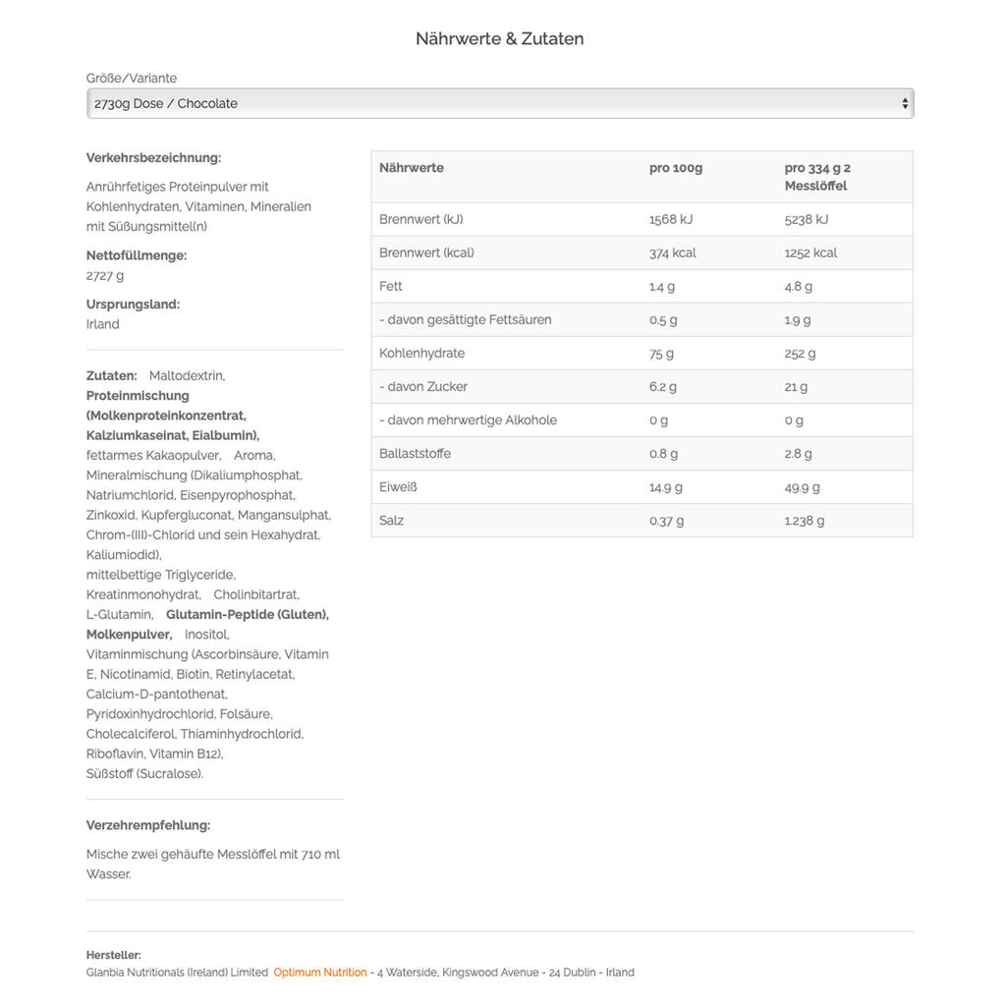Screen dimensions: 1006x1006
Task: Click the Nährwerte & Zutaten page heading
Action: tap(499, 39)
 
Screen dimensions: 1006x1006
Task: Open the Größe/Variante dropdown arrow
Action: tap(904, 103)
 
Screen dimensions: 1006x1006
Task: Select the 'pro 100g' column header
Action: tap(675, 168)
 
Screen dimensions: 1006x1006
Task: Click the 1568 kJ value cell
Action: tap(670, 220)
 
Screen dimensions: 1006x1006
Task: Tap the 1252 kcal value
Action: tap(810, 253)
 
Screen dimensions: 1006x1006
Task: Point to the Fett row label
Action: tap(390, 287)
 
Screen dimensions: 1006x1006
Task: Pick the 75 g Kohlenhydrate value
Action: tap(661, 354)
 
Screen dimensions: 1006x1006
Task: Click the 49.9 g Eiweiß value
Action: tap(802, 487)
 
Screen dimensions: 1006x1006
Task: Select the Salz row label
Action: tap(391, 521)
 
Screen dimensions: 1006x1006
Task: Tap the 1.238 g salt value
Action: tap(805, 521)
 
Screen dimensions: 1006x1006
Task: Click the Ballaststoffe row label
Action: tap(415, 454)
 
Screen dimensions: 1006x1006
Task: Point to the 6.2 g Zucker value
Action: tap(663, 387)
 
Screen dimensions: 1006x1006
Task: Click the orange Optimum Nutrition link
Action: tap(320, 973)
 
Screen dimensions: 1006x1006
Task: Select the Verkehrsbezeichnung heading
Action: tap(153, 158)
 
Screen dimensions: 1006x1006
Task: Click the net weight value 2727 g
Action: tap(105, 276)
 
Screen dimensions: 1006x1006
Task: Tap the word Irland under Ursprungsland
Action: tap(102, 325)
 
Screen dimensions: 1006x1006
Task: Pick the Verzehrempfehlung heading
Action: tap(148, 825)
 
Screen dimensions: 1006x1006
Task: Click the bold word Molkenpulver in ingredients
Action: tap(129, 635)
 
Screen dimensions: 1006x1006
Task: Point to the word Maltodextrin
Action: tap(187, 376)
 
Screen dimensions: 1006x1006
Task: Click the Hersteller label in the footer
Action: tap(113, 955)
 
